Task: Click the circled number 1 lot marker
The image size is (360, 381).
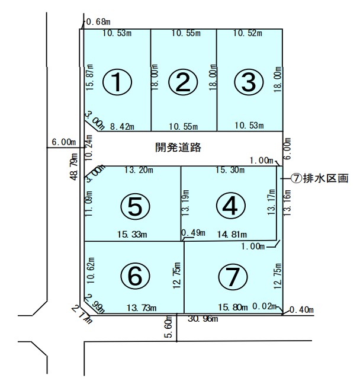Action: click(117, 82)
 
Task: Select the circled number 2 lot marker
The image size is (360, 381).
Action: click(183, 82)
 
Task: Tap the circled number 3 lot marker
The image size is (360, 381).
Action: click(249, 82)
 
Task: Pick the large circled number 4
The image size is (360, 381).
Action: click(230, 206)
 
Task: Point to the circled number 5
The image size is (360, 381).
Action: click(135, 206)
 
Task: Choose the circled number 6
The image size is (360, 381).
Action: click(135, 276)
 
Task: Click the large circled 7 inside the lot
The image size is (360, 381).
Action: click(233, 277)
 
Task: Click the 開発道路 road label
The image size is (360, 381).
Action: click(178, 148)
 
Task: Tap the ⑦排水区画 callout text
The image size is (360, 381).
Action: click(320, 178)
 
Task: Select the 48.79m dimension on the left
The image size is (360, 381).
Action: click(74, 167)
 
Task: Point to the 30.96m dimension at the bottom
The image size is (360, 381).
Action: click(203, 319)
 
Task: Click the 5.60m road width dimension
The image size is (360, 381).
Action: click(169, 326)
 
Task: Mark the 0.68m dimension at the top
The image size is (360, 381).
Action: click(98, 22)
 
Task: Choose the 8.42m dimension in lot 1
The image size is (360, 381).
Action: click(122, 126)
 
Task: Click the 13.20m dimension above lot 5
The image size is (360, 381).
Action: click(139, 170)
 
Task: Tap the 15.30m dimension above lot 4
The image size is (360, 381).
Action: click(230, 170)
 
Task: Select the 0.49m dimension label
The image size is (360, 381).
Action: click(193, 233)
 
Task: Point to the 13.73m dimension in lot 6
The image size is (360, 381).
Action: click(142, 308)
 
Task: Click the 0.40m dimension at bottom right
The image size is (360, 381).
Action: click(301, 310)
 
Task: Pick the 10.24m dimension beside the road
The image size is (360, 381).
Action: click(89, 148)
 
